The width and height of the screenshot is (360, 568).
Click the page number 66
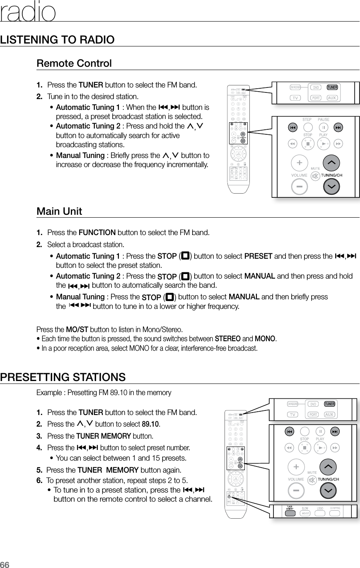(x=5, y=564)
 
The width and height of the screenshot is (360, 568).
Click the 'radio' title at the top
(x=28, y=12)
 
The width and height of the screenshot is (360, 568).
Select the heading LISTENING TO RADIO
(x=58, y=40)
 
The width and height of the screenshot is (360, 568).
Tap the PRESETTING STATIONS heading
(x=63, y=377)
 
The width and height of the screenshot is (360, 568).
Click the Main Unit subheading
(x=59, y=211)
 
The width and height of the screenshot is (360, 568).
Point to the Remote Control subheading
(x=74, y=64)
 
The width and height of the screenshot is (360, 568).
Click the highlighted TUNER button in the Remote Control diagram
(x=332, y=87)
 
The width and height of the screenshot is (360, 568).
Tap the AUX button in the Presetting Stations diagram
(x=330, y=415)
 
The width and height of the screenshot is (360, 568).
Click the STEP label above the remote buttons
(x=307, y=120)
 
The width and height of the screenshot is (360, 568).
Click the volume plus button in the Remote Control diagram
(x=299, y=163)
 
